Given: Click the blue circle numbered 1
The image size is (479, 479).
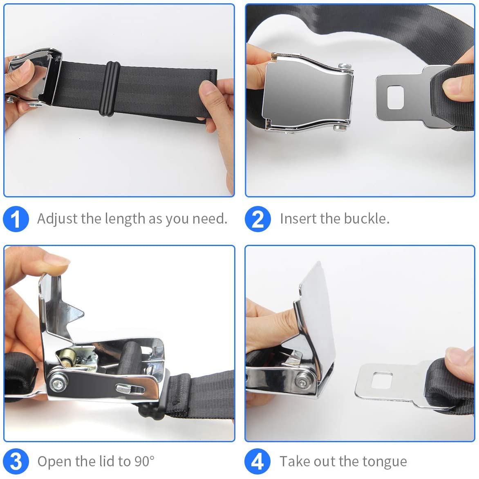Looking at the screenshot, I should (16, 219).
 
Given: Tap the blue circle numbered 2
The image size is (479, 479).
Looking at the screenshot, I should (257, 219).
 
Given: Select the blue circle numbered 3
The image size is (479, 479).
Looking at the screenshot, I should (16, 462).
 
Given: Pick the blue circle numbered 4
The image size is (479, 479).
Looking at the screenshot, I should (257, 462).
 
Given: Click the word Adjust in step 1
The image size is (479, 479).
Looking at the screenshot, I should (57, 219).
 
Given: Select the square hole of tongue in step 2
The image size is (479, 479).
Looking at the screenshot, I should (395, 97).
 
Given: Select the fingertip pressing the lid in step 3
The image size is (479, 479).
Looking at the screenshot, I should (57, 264).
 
